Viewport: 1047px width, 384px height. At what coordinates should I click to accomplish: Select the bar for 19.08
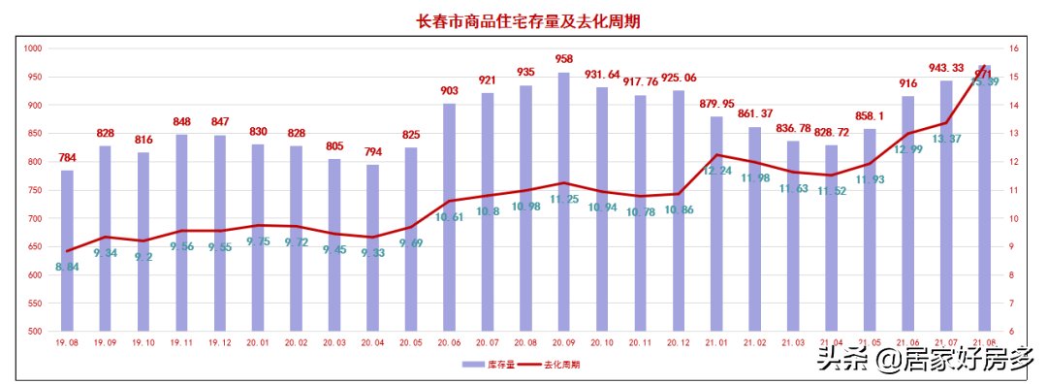coord(67,252)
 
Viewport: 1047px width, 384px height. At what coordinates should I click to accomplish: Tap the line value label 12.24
coord(716,170)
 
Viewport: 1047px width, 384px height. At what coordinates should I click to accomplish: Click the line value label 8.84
coord(67,267)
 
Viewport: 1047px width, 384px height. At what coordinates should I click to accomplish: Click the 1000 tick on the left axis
coord(32,48)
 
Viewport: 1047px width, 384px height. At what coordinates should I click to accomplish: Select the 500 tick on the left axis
coord(34,332)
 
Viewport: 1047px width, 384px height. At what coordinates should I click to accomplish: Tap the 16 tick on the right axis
coord(1013,48)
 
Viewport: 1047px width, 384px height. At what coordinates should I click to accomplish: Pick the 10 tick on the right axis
coord(1013,218)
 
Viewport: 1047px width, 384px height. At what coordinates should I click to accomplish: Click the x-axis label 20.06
coord(449,342)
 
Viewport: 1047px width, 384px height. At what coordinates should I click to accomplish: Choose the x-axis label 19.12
coord(219,342)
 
